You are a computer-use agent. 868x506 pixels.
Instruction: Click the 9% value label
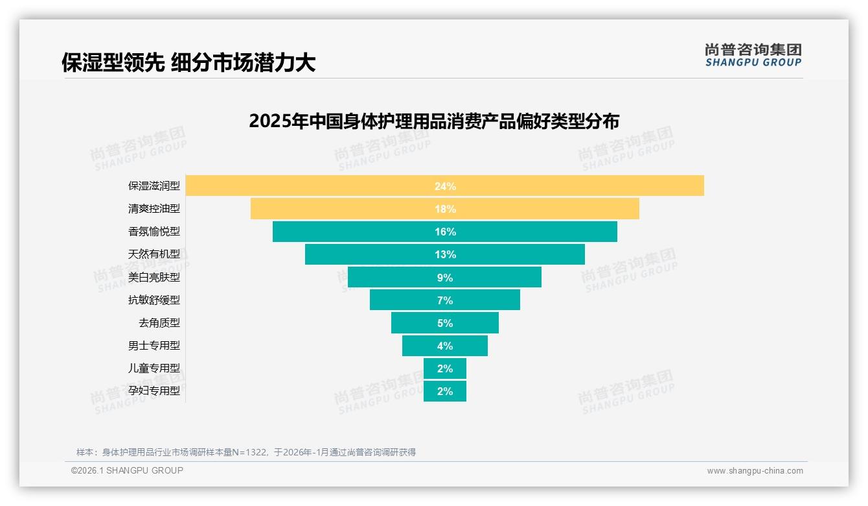coord(445,278)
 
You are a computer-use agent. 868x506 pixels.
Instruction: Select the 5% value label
coord(445,323)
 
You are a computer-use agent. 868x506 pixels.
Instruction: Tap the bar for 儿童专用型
coord(445,368)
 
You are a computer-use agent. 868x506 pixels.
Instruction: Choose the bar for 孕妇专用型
coord(445,391)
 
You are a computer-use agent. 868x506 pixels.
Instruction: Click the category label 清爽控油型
coord(154,209)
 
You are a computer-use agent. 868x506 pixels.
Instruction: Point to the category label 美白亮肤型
coord(154,278)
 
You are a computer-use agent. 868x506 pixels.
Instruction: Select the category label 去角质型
coord(159,323)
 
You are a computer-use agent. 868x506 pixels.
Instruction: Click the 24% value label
coord(445,186)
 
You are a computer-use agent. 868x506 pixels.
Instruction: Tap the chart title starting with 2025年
coord(434,121)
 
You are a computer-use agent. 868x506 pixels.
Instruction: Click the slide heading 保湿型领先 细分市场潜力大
coord(188,62)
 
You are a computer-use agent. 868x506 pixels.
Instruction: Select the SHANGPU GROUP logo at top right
coord(753,55)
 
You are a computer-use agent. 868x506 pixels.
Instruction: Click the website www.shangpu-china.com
coord(755,471)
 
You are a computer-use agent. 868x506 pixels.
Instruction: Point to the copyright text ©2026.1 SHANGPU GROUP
coord(127,470)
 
